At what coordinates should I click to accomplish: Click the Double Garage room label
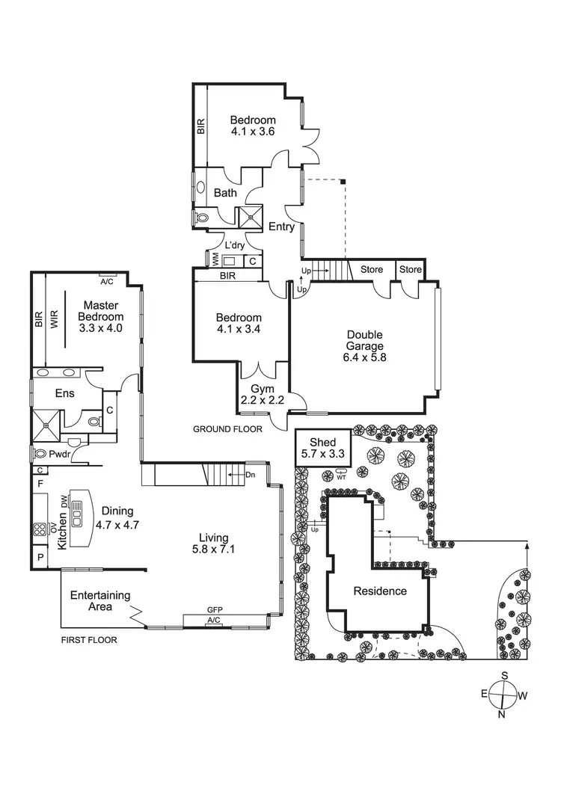pos(365,346)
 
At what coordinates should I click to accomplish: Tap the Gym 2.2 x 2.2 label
pos(258,396)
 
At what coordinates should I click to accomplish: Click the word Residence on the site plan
pos(380,591)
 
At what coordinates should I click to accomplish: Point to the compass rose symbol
pos(503,695)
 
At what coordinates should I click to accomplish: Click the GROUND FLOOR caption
pos(227,429)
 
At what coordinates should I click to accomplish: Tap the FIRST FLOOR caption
pos(89,640)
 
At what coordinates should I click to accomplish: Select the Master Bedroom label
pos(102,316)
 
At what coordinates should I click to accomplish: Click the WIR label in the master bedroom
pos(52,319)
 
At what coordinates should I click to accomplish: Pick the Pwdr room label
pos(59,454)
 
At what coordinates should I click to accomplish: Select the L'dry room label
pos(236,246)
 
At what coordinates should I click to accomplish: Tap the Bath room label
pos(225,193)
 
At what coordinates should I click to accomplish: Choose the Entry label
pos(281,227)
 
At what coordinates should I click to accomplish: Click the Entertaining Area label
pos(100,601)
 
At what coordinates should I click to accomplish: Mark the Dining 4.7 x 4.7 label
pos(118,518)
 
